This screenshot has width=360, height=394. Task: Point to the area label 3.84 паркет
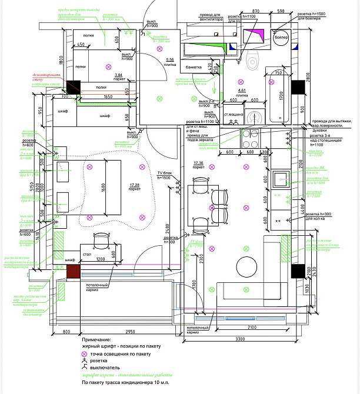pyautogui.click(x=119, y=76)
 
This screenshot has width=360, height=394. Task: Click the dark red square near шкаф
pyautogui.click(x=74, y=271)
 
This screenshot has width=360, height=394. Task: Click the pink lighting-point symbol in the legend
pyautogui.click(x=85, y=356)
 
